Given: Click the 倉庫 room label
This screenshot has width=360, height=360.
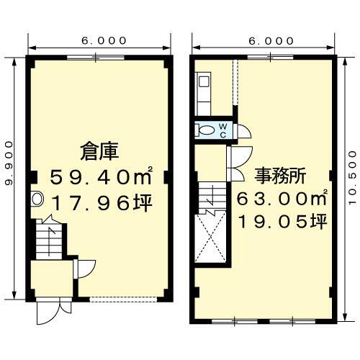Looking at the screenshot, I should coord(99,151).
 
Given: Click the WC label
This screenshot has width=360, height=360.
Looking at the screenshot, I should coord(223,130).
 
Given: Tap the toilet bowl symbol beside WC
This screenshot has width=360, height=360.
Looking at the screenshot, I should coord(207,130).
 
